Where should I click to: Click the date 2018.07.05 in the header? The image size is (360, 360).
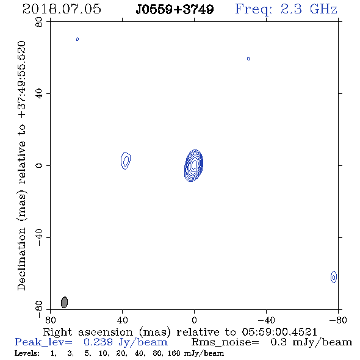(62, 9)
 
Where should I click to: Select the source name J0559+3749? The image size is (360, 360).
(175, 10)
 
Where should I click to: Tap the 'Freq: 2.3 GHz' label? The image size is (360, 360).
(286, 9)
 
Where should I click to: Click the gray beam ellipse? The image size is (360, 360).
(64, 302)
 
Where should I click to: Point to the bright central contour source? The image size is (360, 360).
(194, 165)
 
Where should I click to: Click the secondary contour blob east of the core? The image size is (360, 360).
(126, 160)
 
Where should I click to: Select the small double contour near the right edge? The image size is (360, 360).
(334, 277)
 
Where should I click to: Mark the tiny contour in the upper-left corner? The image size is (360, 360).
(77, 39)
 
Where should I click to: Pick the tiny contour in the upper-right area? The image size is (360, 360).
(248, 59)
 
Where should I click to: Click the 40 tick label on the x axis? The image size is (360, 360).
(123, 320)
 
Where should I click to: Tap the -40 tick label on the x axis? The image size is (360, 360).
(266, 320)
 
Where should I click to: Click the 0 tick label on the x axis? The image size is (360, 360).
(194, 320)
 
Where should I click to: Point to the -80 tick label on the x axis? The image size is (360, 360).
(338, 320)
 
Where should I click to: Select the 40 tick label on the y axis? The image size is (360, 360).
(39, 94)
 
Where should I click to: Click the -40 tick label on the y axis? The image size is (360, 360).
(39, 237)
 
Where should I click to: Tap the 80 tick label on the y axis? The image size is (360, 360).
(39, 22)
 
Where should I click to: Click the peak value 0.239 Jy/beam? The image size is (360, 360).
(126, 342)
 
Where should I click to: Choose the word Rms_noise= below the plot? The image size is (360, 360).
(225, 342)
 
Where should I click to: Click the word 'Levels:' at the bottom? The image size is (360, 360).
(27, 353)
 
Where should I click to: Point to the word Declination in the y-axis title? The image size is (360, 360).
(21, 259)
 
